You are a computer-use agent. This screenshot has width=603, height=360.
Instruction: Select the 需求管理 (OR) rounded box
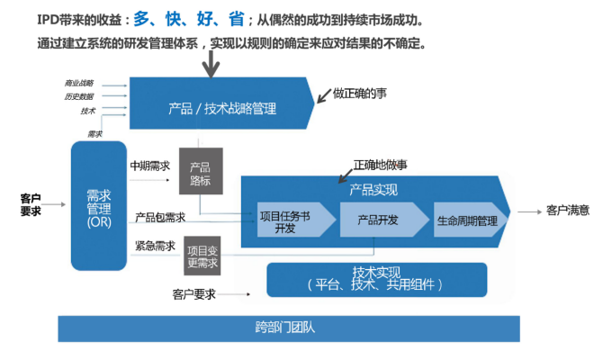pos(98,208)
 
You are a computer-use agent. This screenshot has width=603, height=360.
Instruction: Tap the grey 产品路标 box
pos(200,173)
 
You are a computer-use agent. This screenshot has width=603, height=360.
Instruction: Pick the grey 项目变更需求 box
pos(202,256)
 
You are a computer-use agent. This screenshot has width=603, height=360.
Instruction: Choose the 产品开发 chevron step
pos(378,220)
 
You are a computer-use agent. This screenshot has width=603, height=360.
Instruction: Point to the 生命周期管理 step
pos(467,220)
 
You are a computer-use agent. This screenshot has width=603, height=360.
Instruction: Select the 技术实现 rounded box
pos(376,280)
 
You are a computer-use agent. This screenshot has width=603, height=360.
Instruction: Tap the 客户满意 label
pos(567,211)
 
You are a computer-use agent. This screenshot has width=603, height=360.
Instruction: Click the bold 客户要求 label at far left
pos(31,204)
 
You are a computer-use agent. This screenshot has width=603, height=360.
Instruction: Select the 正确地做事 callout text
pos(380,165)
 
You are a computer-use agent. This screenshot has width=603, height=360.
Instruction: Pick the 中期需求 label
pos(149,166)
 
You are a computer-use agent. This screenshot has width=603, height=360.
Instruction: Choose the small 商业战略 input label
pos(79,83)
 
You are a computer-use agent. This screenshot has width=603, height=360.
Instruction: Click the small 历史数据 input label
pos(79,96)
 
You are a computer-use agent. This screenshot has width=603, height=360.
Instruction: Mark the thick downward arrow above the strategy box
pos(212,63)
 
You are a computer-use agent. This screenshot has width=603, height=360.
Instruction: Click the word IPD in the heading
pos(23,18)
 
